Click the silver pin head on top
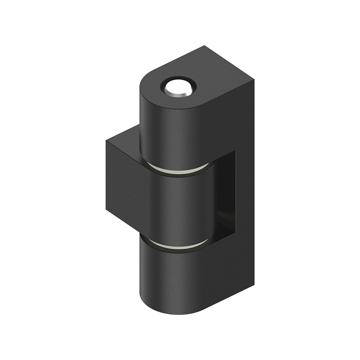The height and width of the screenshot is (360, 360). click(x=178, y=88)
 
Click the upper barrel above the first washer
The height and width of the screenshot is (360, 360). click(x=171, y=130)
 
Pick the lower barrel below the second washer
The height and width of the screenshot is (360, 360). click(x=171, y=279)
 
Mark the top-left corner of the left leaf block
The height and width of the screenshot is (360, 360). click(x=107, y=142)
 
